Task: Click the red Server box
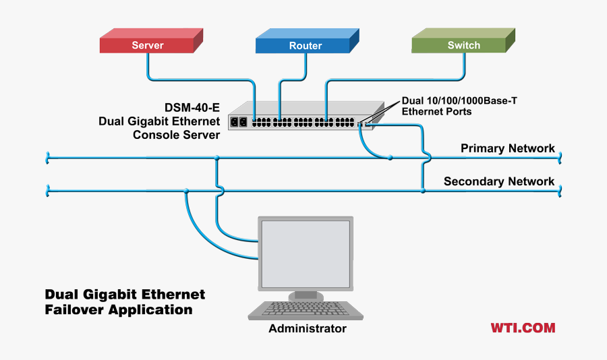tap(148, 45)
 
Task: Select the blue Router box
tap(305, 45)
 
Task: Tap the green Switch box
tap(463, 45)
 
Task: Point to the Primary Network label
tap(507, 148)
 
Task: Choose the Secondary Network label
tap(499, 181)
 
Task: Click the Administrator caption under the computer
tap(308, 329)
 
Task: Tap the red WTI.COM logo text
tap(523, 328)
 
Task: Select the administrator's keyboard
tap(306, 311)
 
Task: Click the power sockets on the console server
tap(239, 122)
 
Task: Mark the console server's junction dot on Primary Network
tap(390, 158)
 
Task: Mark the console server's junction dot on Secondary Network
tap(423, 191)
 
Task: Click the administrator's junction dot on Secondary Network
tap(186, 191)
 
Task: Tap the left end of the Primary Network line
tap(48, 158)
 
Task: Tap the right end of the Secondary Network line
tap(560, 191)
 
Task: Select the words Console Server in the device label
tap(176, 135)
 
